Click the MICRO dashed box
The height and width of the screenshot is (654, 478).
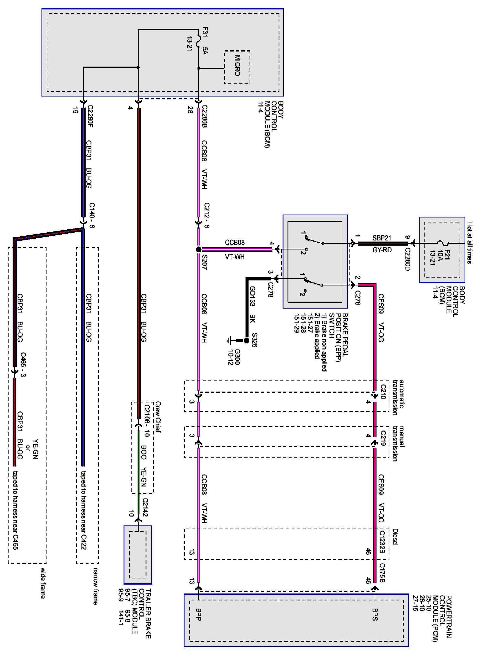[x=237, y=67]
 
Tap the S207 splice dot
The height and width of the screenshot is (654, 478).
[x=199, y=249]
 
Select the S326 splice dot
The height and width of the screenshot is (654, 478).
[x=246, y=340]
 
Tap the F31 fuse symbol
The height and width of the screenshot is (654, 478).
[x=199, y=41]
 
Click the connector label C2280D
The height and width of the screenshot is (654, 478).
[x=408, y=259]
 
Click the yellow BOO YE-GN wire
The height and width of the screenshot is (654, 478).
[x=138, y=469]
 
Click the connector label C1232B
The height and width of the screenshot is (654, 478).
[x=382, y=544]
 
